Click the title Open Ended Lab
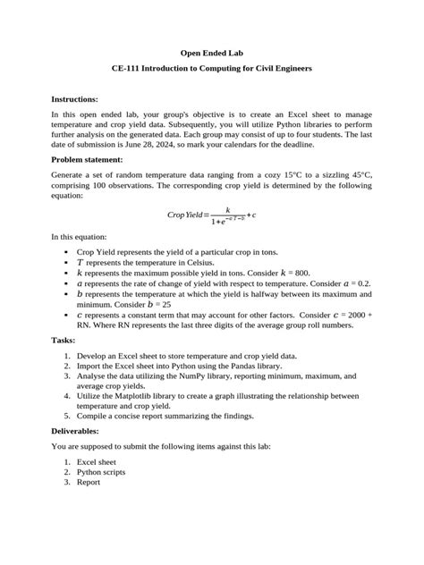tap(211, 53)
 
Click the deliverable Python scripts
tap(101, 471)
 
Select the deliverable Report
tap(88, 482)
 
